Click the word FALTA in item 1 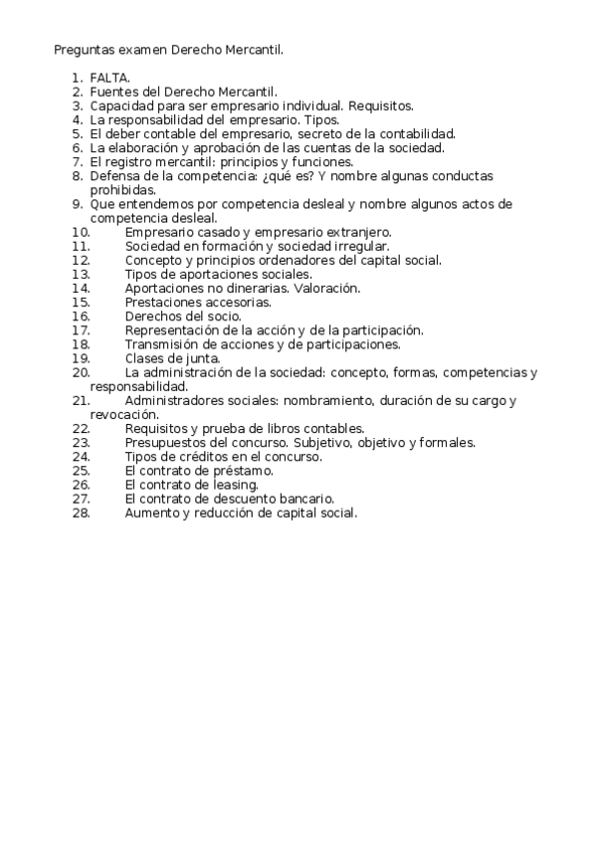pyautogui.click(x=109, y=77)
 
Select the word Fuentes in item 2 pyautogui.click(x=111, y=91)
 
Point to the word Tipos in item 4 pyautogui.click(x=321, y=118)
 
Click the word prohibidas pyautogui.click(x=122, y=189)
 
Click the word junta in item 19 pyautogui.click(x=202, y=358)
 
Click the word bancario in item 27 pyautogui.click(x=304, y=499)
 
